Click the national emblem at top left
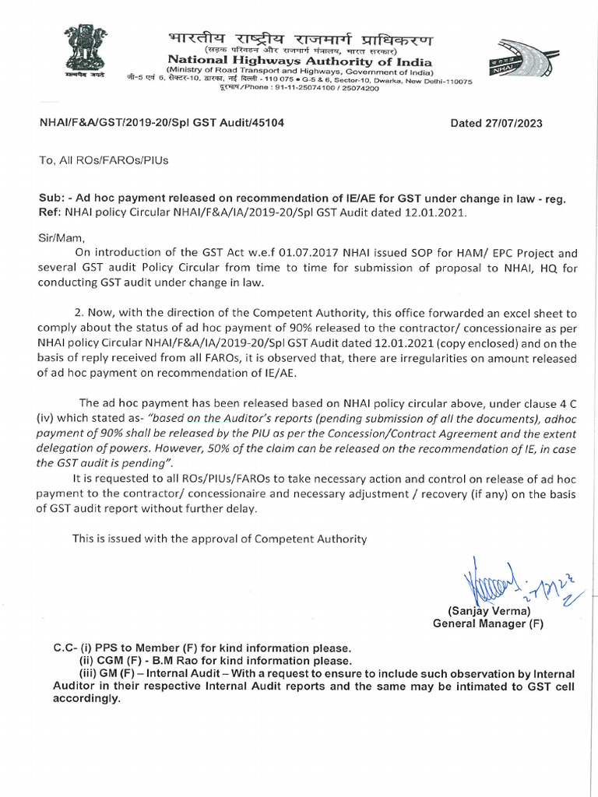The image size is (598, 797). pos(85,50)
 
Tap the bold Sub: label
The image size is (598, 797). pos(52,198)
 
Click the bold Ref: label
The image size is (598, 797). pos(51,212)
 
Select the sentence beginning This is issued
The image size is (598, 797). pos(219,538)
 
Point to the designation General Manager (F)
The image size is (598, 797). pos(488,623)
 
